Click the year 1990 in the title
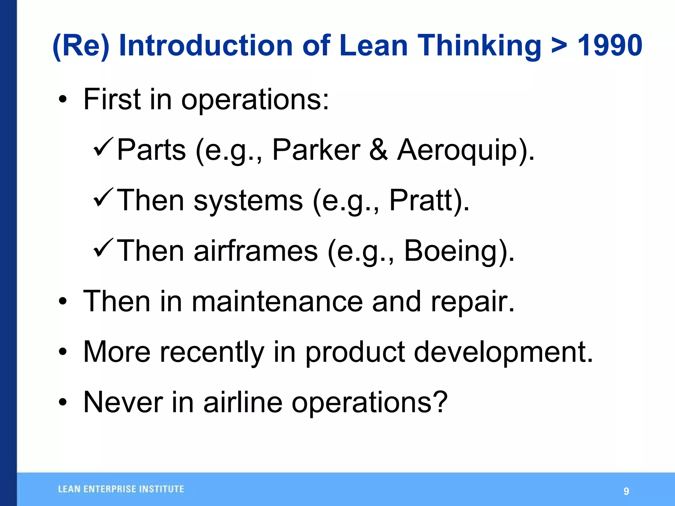coord(610,45)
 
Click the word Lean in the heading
coord(373,45)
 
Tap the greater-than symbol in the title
coord(559,46)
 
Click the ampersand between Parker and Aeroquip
coord(378,150)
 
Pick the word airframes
coord(256,251)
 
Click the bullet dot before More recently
coord(63,352)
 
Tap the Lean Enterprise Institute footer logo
coord(121,489)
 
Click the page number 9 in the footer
coord(626,491)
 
